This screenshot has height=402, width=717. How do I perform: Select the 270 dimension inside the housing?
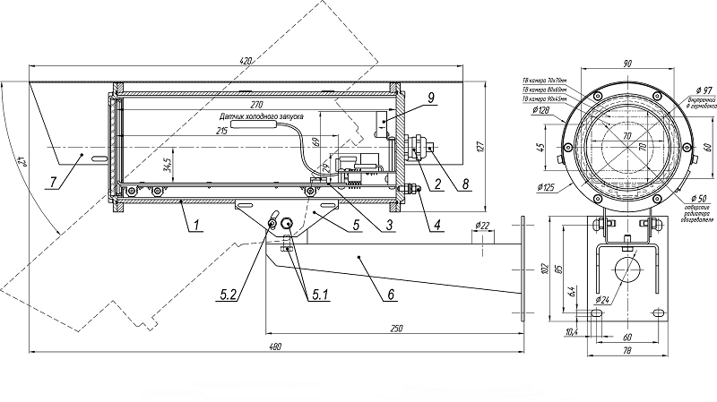click(256, 103)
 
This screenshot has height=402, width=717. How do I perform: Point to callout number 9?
click(406, 96)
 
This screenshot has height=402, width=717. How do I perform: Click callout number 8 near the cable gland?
click(463, 186)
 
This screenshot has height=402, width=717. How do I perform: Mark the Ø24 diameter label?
click(600, 300)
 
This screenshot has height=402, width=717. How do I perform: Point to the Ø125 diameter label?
click(546, 188)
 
